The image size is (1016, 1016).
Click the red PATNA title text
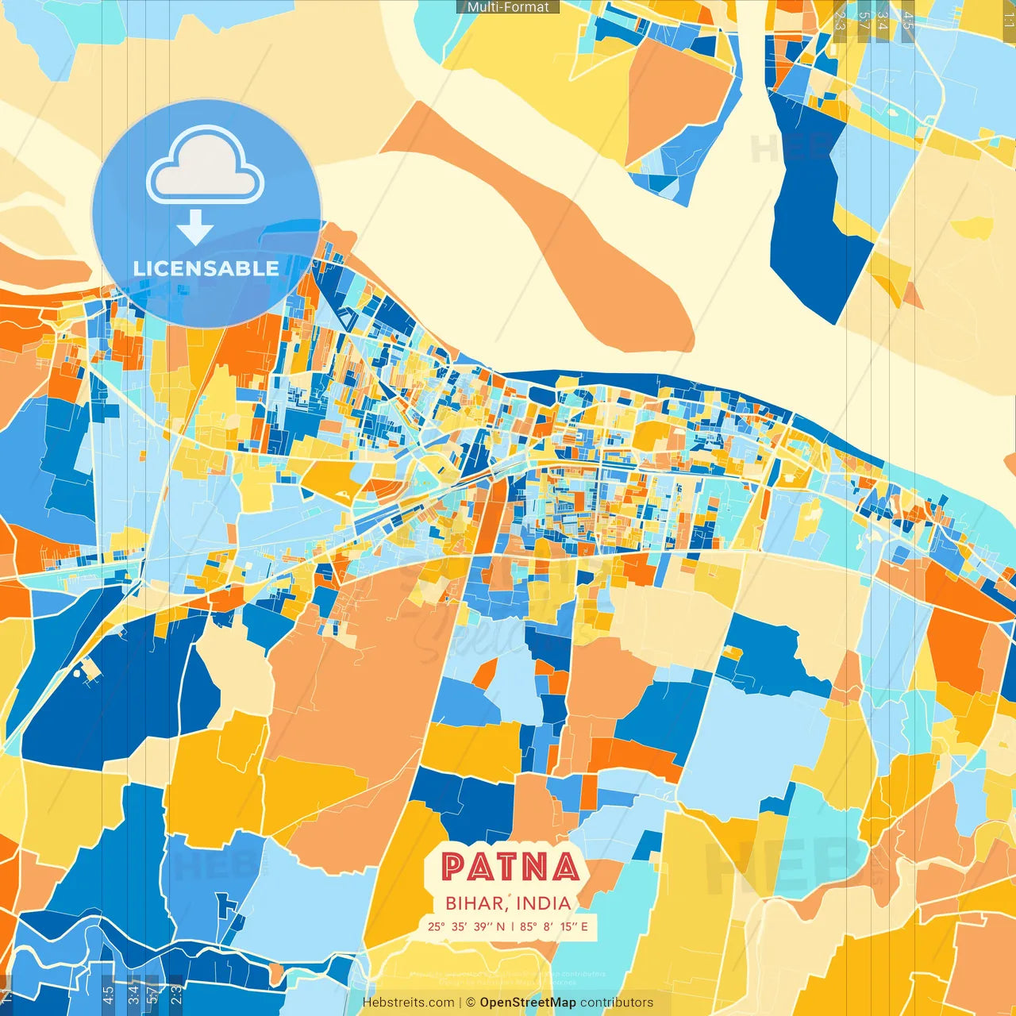pos(510,867)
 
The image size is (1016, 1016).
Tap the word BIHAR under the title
pos(474,903)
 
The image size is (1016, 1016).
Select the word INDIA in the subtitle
pos(543,903)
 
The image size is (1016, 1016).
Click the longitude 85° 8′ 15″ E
pos(554,926)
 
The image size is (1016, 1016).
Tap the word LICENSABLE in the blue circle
pos(206,268)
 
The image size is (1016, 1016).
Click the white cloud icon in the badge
pos(206,167)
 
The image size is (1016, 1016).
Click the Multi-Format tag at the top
pos(508,7)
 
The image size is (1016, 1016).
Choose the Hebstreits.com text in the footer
pos(408,1003)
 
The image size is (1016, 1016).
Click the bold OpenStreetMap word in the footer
pos(528,1003)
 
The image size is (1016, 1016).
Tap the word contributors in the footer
pos(617,1003)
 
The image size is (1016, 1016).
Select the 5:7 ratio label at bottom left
pos(152,994)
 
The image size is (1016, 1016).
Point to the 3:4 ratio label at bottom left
pos(133,994)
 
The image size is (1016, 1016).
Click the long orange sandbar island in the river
pos(556,230)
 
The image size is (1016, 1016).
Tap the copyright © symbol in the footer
pos(470,1003)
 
